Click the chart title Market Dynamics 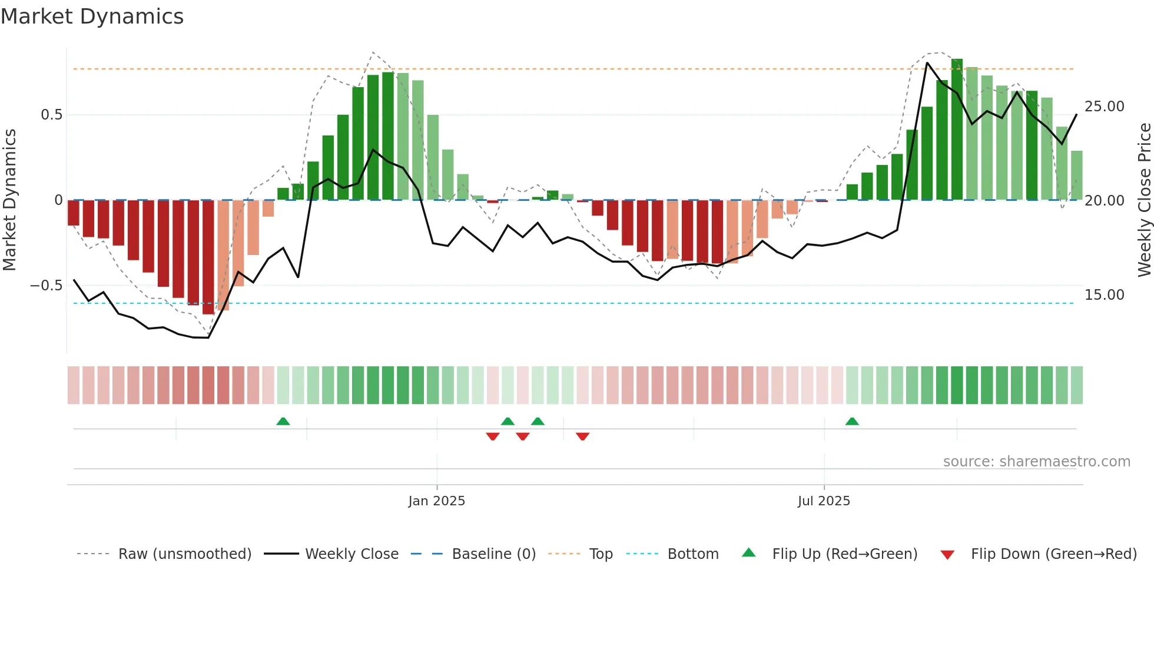click(92, 16)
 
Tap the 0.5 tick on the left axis click(51, 115)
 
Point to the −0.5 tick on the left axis click(47, 286)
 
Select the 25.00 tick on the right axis click(1104, 107)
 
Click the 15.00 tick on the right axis click(1104, 295)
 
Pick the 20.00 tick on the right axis click(1104, 201)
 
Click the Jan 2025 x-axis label click(436, 501)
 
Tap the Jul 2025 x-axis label click(824, 501)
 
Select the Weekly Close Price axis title click(1144, 200)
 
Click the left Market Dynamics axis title click(9, 200)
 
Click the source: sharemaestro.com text click(1036, 462)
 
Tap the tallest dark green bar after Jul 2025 click(957, 130)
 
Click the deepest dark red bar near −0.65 click(208, 257)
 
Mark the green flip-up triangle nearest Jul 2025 click(852, 422)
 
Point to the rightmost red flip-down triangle click(582, 436)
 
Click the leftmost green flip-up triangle click(283, 422)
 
